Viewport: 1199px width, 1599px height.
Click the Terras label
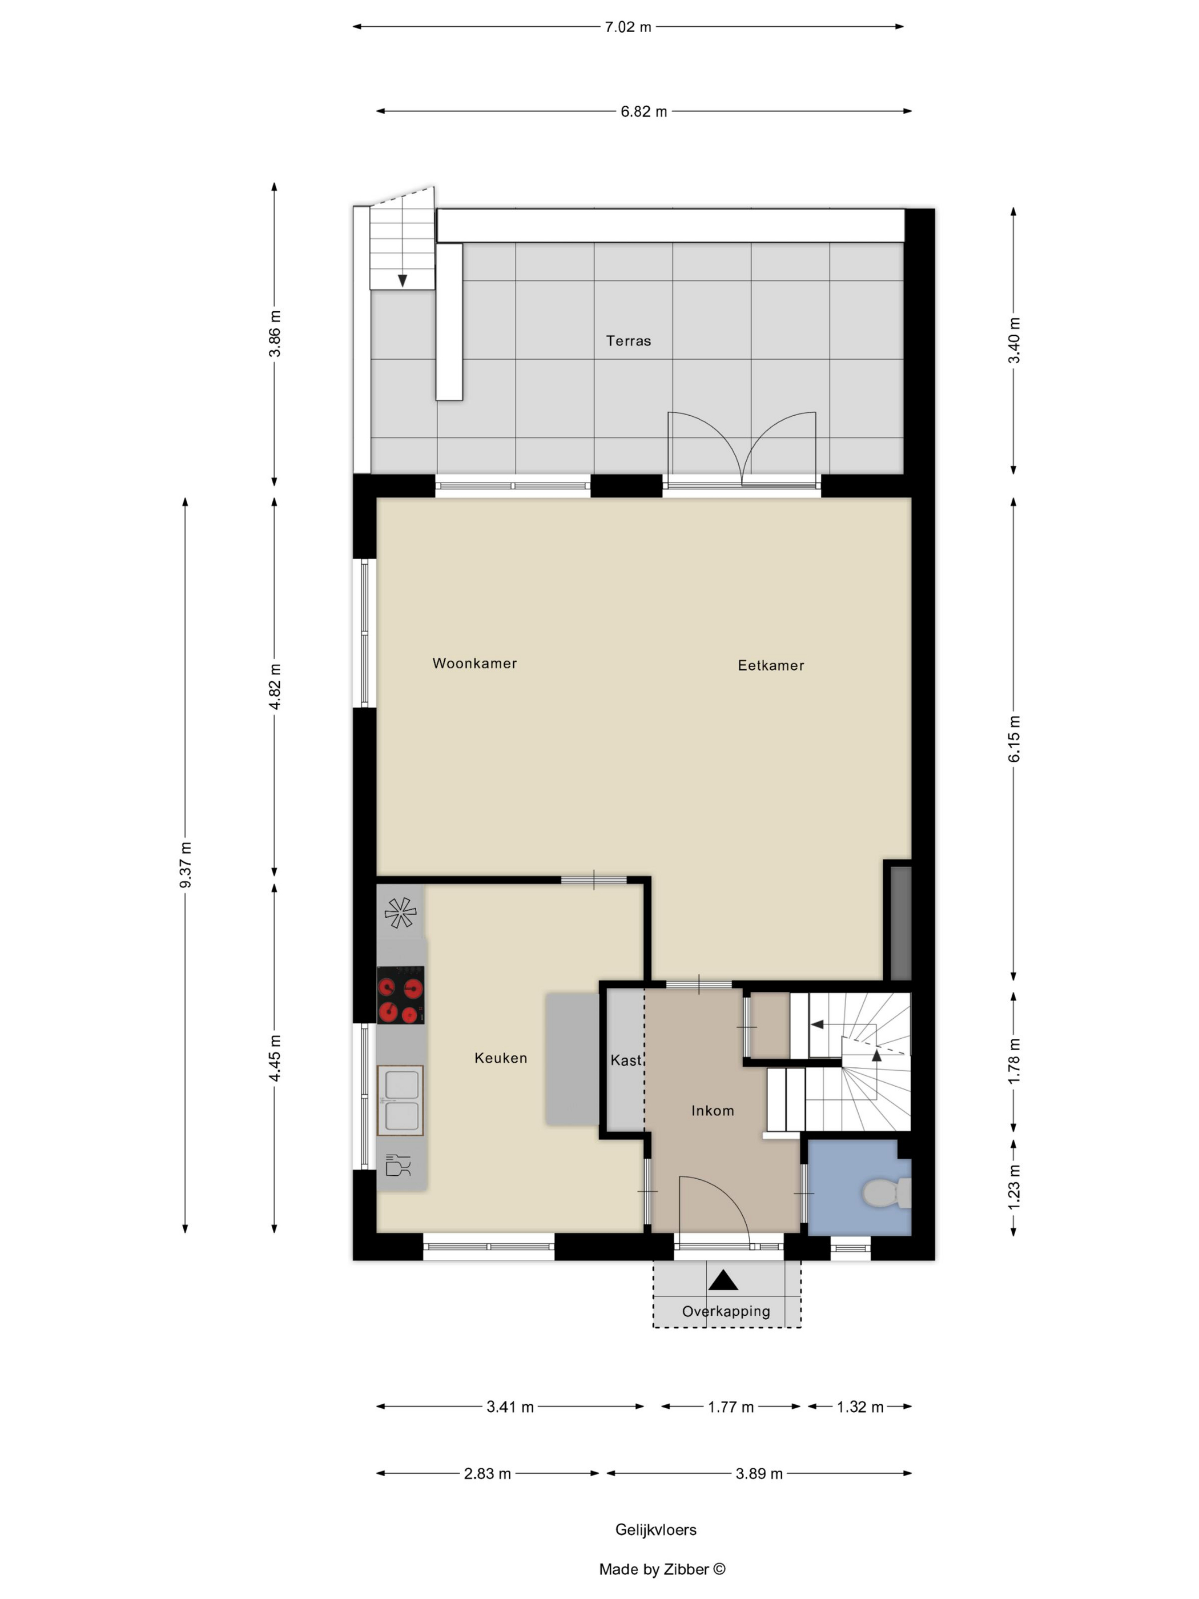click(628, 340)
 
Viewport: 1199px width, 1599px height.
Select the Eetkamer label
click(770, 665)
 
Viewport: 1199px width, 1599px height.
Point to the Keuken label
click(501, 1058)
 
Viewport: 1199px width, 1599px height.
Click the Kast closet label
click(626, 1060)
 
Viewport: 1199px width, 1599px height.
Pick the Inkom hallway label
click(713, 1110)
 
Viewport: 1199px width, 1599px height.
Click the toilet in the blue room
click(886, 1193)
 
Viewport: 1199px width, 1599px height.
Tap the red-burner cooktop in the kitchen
click(400, 995)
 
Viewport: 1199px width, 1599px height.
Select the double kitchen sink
click(400, 1100)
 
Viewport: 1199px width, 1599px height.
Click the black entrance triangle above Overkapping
click(723, 1281)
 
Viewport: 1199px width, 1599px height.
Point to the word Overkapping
click(726, 1311)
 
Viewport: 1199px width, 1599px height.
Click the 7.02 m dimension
click(628, 27)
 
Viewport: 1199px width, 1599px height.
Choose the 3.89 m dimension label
click(759, 1473)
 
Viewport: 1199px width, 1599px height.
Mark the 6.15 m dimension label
click(1014, 738)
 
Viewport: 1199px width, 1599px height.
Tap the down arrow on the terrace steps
click(403, 280)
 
